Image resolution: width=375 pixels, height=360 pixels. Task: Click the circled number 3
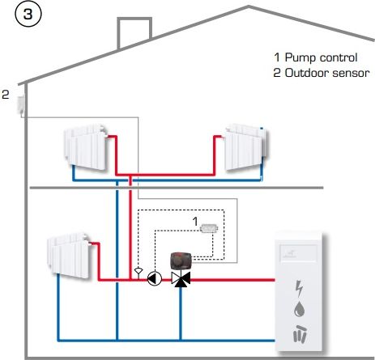click(x=28, y=14)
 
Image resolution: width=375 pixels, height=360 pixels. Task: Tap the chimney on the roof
click(x=134, y=32)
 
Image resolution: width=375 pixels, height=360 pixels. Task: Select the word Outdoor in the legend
click(x=306, y=73)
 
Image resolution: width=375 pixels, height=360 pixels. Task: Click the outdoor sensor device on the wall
click(x=21, y=104)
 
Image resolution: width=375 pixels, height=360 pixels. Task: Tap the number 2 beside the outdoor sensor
click(x=6, y=95)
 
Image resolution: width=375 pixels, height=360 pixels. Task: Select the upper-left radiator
click(x=86, y=147)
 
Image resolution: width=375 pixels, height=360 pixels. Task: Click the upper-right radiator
click(x=246, y=147)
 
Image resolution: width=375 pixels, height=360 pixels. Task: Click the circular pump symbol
click(x=155, y=278)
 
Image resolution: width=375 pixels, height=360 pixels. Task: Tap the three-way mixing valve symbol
click(x=181, y=279)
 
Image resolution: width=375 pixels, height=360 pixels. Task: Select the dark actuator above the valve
click(x=181, y=260)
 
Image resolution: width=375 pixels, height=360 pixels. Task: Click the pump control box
click(x=209, y=228)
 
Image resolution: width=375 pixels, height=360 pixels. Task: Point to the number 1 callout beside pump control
click(x=195, y=222)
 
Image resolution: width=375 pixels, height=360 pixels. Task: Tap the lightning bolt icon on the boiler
click(x=299, y=289)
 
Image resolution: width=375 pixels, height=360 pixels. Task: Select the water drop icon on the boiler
click(x=299, y=309)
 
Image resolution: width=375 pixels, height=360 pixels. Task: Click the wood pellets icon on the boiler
click(x=300, y=334)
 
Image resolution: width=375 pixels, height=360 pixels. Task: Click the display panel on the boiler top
click(x=298, y=253)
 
